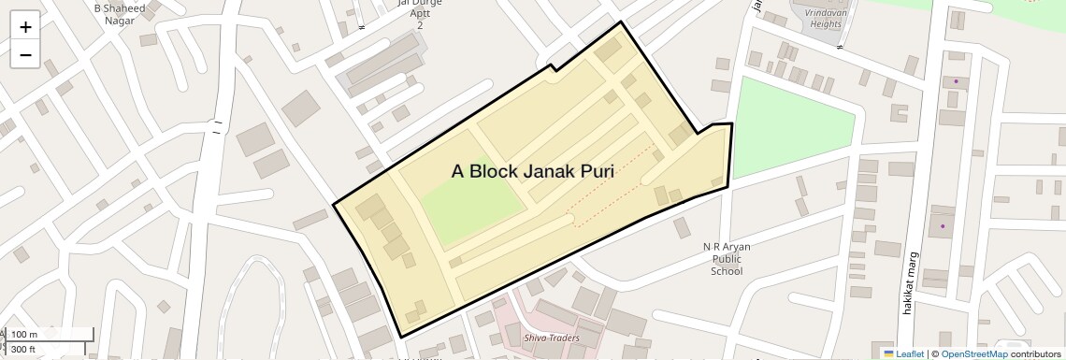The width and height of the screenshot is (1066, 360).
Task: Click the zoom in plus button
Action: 25,27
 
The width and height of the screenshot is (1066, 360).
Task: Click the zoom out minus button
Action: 25,55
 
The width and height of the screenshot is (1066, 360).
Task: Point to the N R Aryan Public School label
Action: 727,259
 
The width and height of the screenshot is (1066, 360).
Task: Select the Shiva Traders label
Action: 551,338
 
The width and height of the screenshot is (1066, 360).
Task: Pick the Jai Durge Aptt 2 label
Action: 420,13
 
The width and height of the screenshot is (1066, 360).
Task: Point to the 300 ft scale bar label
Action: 22,349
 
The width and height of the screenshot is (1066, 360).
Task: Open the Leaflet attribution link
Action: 903,353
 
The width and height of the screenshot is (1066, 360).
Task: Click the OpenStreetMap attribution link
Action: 973,353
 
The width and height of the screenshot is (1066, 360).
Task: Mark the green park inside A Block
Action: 470,205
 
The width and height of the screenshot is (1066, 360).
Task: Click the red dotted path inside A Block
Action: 612,186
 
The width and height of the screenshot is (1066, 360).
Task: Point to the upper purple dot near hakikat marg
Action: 956,81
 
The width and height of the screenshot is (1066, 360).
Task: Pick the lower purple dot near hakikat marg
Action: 943,225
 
